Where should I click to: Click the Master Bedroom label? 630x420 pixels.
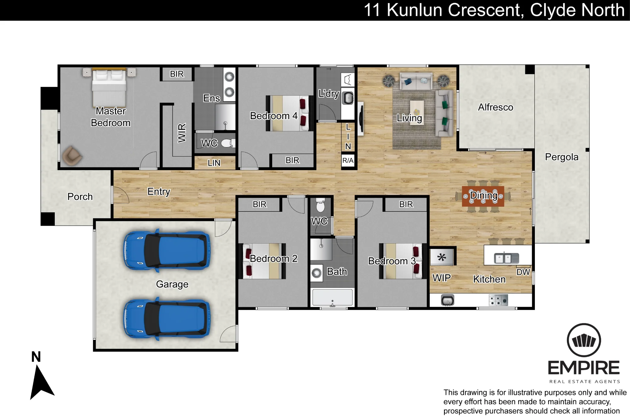point(111,117)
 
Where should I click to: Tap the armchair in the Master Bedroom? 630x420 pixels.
point(72,156)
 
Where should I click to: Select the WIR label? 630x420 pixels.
point(182,133)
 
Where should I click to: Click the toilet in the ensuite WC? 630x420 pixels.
point(227,143)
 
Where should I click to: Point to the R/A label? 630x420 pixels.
point(348,160)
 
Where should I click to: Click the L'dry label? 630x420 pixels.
point(329,94)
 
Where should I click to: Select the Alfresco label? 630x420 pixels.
point(495,107)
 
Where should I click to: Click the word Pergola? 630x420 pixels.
point(562,157)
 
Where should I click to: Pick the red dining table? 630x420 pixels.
point(483,196)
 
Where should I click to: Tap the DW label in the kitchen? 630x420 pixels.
point(523,272)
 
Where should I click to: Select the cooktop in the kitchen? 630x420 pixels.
point(498,300)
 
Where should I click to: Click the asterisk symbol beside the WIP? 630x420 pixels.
point(442,257)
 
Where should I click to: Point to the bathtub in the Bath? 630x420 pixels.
point(332,297)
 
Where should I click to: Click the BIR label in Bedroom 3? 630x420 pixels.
point(406,204)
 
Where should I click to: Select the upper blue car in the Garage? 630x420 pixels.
point(167,251)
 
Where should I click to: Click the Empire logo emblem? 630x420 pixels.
point(584,340)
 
